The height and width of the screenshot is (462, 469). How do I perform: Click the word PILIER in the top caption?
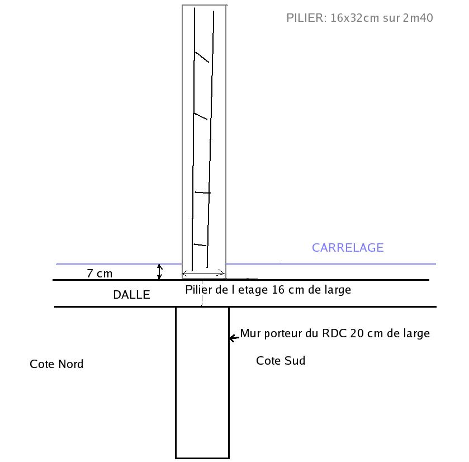[305, 18]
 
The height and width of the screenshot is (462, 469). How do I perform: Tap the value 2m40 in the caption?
[418, 18]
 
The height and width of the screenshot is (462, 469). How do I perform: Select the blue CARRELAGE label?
[348, 248]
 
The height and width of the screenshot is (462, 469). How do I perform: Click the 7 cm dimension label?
[100, 274]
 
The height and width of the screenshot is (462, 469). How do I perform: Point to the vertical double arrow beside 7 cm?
[160, 272]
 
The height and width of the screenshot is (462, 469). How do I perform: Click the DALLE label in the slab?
[131, 295]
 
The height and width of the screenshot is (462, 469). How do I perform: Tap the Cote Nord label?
[56, 364]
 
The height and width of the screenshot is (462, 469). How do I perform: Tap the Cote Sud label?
[281, 361]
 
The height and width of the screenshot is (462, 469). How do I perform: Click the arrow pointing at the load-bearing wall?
[234, 338]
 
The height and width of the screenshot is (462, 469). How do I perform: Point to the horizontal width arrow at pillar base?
[204, 274]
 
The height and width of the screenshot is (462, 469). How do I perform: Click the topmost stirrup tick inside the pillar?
[201, 56]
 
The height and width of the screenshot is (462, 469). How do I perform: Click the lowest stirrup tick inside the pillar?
[200, 245]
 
